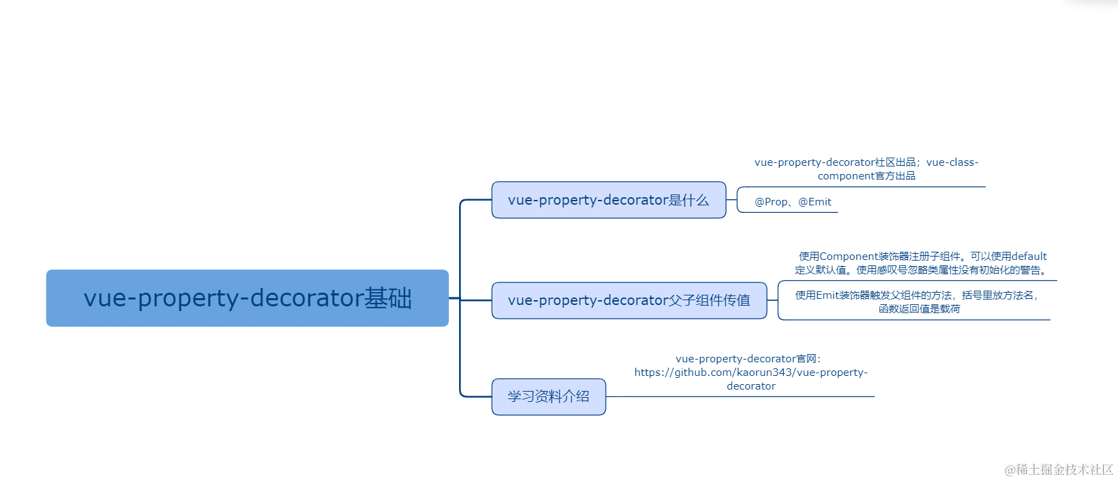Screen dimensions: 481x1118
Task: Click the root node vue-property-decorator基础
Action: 247,298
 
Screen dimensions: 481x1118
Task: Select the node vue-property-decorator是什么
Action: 608,200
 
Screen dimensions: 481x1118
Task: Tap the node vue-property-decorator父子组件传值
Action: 629,300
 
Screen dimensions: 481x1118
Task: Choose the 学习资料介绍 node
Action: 548,396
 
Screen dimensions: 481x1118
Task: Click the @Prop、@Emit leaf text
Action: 793,202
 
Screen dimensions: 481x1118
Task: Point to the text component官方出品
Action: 866,176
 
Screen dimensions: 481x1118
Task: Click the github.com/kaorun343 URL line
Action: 750,373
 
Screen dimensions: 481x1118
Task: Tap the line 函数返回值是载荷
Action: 919,309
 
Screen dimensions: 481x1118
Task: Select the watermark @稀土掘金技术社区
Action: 1059,469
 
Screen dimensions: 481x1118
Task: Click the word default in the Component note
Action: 1029,257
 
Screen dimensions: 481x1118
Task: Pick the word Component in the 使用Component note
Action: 849,257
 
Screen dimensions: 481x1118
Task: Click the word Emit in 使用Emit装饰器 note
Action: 827,295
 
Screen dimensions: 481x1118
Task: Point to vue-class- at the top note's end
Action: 952,162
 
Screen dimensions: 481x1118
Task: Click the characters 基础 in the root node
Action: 388,298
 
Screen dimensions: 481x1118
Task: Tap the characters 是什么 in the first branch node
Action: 689,200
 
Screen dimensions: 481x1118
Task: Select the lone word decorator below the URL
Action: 751,386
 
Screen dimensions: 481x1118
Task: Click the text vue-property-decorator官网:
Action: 748,359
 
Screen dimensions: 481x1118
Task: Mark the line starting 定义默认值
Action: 921,270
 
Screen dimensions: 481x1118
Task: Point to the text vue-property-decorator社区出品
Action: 835,162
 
